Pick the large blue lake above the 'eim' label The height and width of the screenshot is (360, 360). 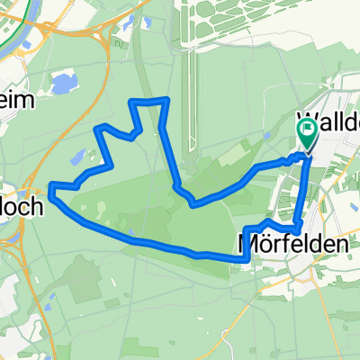[x=63, y=84]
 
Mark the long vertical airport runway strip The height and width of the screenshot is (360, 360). [x=191, y=99]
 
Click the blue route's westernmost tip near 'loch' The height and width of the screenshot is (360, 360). [x=51, y=187]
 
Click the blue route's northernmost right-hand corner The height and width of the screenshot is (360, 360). [x=167, y=100]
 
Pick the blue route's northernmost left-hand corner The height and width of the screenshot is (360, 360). [x=134, y=102]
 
